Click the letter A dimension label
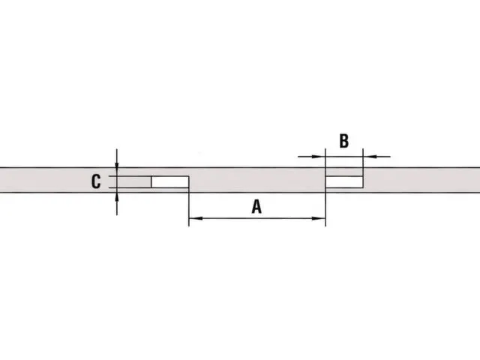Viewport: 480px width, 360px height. (256, 206)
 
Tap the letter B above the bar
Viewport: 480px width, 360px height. (343, 141)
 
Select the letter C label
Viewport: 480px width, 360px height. (96, 181)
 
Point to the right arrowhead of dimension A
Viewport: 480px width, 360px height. (320, 219)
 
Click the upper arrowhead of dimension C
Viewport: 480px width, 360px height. (117, 171)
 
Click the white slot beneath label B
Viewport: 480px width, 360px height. (343, 181)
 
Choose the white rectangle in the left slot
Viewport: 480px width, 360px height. (170, 181)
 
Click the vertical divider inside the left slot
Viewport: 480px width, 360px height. (152, 181)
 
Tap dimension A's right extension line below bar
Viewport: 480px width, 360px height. (325, 206)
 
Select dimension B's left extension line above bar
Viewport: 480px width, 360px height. (325, 159)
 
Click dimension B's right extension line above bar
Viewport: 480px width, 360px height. (362, 159)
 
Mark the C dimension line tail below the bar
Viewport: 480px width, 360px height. (117, 205)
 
